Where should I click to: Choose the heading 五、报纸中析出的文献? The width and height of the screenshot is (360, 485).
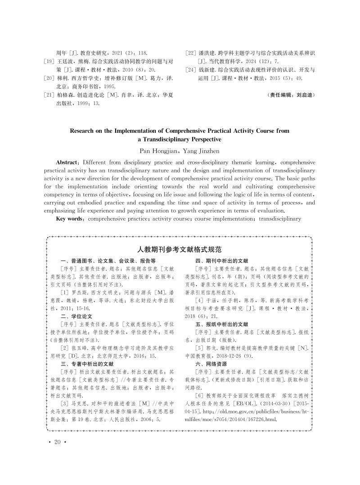[x=221, y=324]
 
